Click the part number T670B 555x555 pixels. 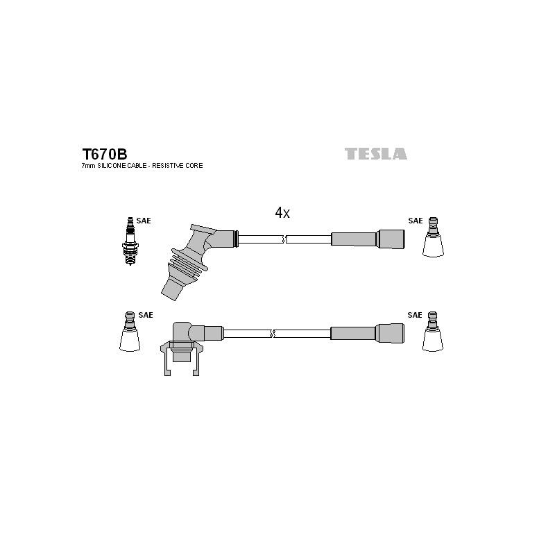point(105,154)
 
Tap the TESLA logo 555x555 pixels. point(376,154)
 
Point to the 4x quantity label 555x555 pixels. point(282,213)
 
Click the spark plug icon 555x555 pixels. point(130,241)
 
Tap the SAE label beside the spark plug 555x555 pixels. point(144,221)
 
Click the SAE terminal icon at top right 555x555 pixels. point(433,237)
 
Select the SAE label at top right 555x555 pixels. point(416,221)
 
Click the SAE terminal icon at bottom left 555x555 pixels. point(130,332)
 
